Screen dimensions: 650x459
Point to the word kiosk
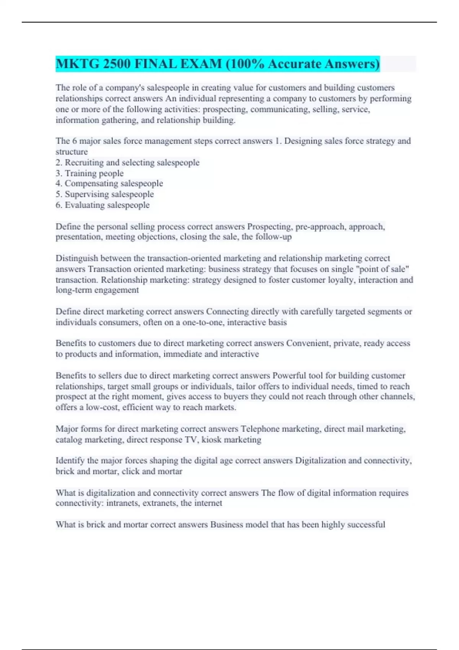pos(211,440)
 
